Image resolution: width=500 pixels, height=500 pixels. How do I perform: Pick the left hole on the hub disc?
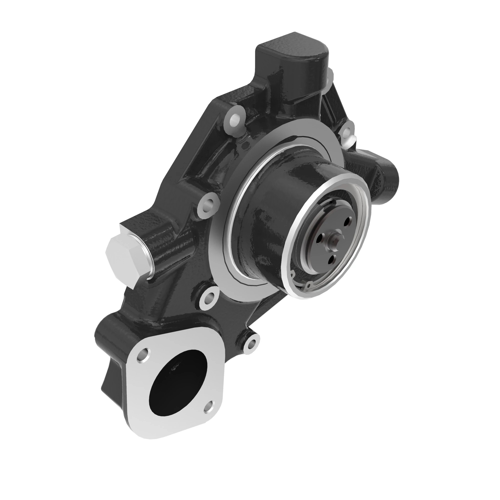coord(320,237)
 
